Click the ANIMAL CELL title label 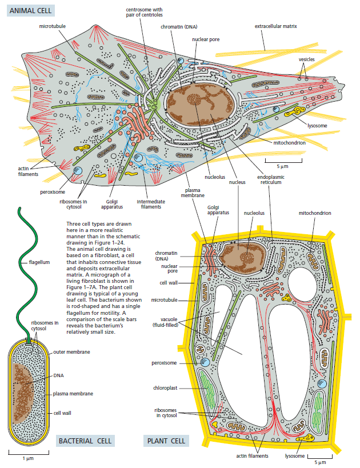(x=30, y=11)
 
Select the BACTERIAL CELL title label (x=85, y=441)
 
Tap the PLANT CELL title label (x=166, y=441)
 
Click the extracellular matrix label (x=276, y=26)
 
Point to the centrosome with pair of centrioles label (x=144, y=12)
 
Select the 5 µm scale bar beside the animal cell (x=283, y=161)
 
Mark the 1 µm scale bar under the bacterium (x=29, y=453)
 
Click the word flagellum (x=39, y=262)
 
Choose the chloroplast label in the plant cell (x=165, y=388)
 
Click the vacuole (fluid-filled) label (x=166, y=322)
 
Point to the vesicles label (x=306, y=59)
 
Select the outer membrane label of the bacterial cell (x=71, y=352)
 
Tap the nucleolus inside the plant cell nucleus (x=246, y=257)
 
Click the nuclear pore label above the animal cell (x=206, y=39)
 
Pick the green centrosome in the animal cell (x=155, y=105)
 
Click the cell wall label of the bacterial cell (x=62, y=413)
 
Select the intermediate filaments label (x=151, y=204)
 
